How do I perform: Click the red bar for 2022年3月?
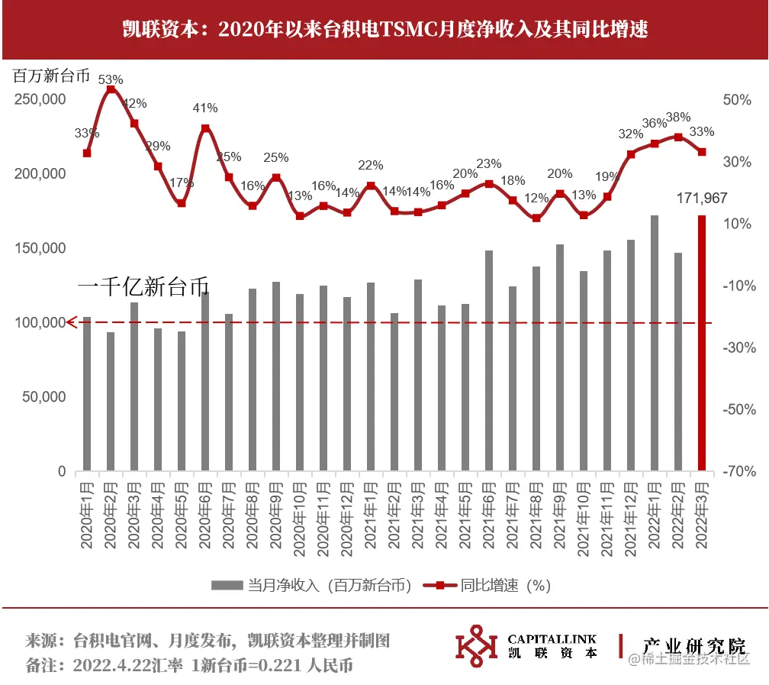coord(702,343)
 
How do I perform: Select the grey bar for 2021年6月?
coord(488,360)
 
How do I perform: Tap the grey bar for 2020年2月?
coord(111,401)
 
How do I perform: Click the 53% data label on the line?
coord(111,79)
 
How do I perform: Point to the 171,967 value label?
coord(702,199)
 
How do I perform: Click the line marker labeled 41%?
coord(205,128)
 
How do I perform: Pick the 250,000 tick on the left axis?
coord(40,100)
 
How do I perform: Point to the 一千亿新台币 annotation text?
coord(143,287)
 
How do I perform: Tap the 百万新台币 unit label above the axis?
coord(51,76)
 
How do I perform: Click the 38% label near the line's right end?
coord(678,117)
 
